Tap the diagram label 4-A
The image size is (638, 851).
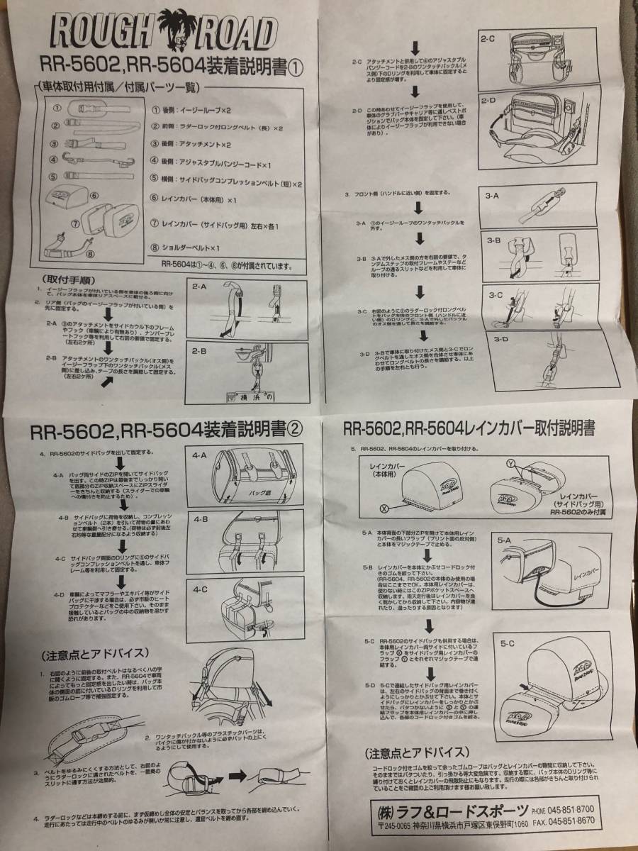pyautogui.click(x=200, y=456)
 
